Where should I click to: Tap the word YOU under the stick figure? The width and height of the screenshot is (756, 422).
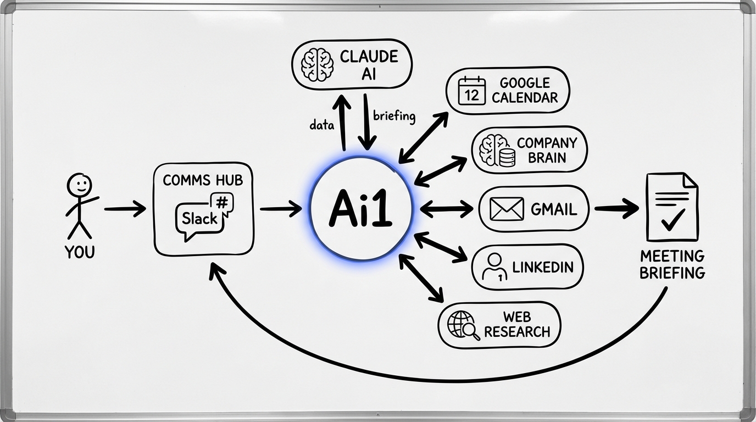click(x=79, y=252)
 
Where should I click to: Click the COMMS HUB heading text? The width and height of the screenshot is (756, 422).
click(x=203, y=180)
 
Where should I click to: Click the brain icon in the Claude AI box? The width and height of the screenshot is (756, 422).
click(x=317, y=64)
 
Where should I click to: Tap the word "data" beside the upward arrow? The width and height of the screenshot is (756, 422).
click(x=321, y=125)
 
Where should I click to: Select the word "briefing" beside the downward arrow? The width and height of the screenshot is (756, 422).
click(x=394, y=116)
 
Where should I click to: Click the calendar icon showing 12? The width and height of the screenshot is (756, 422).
click(x=472, y=91)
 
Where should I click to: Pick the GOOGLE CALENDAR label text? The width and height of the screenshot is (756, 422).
click(x=525, y=91)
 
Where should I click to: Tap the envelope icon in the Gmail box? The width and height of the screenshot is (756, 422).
click(x=506, y=209)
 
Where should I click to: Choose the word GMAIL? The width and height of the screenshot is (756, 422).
click(x=553, y=209)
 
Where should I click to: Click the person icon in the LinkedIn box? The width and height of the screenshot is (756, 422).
click(x=493, y=268)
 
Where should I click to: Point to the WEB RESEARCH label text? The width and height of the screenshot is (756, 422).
click(x=517, y=324)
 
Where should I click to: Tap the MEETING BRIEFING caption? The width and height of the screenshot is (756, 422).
click(x=672, y=264)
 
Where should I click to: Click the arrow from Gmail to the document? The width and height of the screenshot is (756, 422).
click(x=616, y=208)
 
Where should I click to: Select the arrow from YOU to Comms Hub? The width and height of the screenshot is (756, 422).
click(x=125, y=209)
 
